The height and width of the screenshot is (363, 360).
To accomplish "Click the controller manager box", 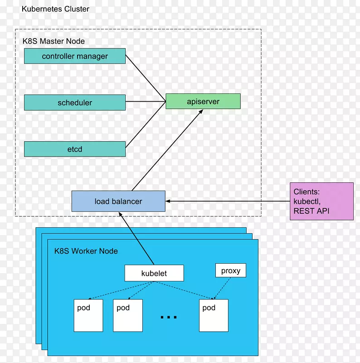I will (75, 56).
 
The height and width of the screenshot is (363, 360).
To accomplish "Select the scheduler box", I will (75, 103).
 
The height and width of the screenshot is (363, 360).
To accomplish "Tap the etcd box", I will (75, 149).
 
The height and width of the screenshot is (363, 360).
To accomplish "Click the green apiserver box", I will (203, 101).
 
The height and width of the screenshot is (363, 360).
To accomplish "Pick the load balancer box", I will (118, 201).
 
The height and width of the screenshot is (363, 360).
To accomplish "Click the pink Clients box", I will (321, 201).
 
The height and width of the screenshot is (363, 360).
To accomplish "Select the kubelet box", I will (154, 273).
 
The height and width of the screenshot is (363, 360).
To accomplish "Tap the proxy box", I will (230, 271).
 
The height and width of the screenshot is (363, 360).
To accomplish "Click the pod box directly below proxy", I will (214, 315).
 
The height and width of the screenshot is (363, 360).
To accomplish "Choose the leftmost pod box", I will (88, 315).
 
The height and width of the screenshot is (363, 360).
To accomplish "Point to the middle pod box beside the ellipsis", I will (127, 315).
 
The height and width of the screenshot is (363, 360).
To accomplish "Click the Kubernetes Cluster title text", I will (55, 9).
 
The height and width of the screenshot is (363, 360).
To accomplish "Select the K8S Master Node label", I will (54, 41).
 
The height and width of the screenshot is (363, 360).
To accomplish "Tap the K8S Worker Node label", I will (86, 251).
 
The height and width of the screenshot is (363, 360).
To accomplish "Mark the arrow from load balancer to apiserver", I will (167, 150).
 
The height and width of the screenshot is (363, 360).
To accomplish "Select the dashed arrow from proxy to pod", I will (222, 288).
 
